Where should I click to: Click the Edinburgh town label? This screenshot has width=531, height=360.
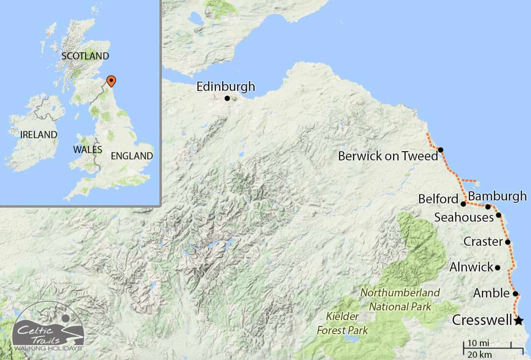coord(226,87)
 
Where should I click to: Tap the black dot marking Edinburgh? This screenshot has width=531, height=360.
coord(227,98)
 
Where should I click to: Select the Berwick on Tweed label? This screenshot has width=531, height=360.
coord(388,156)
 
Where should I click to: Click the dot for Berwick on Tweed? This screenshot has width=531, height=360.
coord(441,150)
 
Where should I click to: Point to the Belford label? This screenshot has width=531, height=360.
coord(438,199)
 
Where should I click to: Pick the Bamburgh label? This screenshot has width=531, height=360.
coord(497,196)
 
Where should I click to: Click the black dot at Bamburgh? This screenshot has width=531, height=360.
coord(488,207)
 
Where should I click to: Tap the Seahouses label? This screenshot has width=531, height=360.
coord(464,217)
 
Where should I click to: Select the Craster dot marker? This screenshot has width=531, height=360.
coord(508,242)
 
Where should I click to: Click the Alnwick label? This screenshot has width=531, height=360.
coord(471,267)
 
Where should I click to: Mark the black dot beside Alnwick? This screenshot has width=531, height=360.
coord(498,268)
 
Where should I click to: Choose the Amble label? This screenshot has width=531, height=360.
coord(491,293)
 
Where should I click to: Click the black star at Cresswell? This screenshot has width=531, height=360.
coord(519,321)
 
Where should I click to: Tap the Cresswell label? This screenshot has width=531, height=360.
coord(482,320)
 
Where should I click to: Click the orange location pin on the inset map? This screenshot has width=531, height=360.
coord(111,81)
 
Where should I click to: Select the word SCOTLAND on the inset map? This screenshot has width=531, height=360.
coord(85,56)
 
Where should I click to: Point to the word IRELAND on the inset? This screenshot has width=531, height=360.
coord(39,135)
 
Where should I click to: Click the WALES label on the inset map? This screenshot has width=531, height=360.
coord(88,150)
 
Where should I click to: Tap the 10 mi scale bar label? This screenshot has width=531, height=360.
coord(478,343)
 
